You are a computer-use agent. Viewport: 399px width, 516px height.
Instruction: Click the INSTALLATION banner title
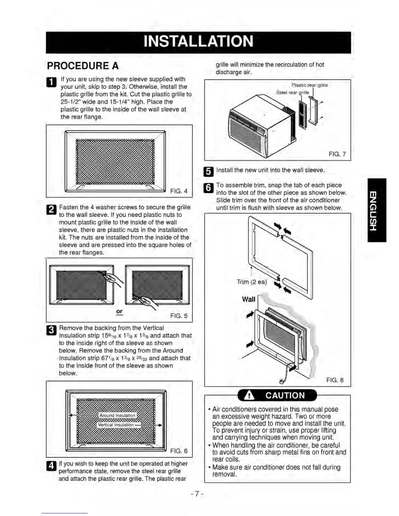[198, 42]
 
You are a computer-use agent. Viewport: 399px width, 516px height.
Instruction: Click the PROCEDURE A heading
[83, 66]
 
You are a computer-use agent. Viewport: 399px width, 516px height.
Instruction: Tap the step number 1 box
[52, 82]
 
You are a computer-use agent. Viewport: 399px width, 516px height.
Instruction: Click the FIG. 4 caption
[179, 191]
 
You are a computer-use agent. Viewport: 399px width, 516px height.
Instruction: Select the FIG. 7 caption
[337, 154]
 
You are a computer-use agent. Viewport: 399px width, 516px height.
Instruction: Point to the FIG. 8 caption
[335, 380]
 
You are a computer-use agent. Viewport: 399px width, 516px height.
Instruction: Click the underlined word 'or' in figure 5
[119, 311]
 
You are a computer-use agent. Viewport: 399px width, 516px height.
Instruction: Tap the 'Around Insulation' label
[117, 415]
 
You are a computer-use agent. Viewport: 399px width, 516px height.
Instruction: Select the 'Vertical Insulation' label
[116, 425]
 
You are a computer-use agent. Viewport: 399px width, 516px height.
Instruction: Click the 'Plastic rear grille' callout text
[309, 85]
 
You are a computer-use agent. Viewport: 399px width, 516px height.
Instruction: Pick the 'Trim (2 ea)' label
[252, 282]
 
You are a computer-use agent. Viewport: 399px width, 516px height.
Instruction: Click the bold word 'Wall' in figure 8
[248, 299]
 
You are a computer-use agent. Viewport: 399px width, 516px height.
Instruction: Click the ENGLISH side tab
[377, 210]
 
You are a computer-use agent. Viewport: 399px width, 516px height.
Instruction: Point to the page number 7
[197, 494]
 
